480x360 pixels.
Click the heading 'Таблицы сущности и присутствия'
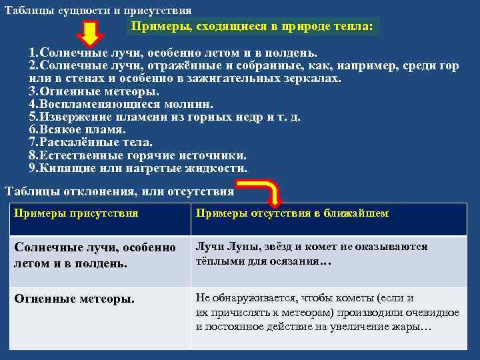98,11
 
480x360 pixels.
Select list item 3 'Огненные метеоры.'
93,91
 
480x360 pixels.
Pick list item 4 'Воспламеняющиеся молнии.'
121,104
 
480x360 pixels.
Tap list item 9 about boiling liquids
137,167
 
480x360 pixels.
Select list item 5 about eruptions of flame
164,117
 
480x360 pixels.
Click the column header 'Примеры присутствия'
76,213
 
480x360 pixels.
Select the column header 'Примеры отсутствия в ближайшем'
292,213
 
